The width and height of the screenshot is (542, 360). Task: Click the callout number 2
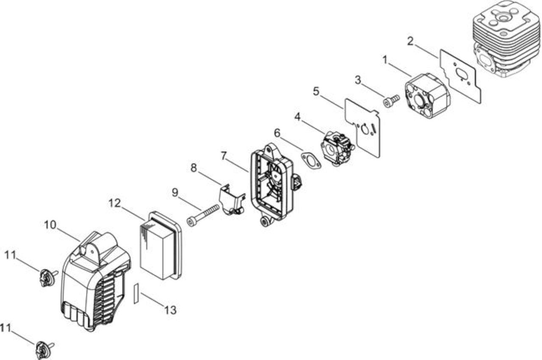[410, 41]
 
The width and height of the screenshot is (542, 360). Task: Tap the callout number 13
[170, 310]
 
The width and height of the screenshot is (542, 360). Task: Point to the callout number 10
[50, 225]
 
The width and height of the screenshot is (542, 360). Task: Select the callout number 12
[114, 203]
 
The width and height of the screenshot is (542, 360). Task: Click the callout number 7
[224, 156]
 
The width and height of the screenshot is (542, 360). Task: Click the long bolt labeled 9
[203, 215]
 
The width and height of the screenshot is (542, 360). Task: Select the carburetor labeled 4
[338, 148]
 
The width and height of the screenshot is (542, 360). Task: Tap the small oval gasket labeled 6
[311, 161]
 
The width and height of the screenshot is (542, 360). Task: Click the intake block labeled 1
[427, 96]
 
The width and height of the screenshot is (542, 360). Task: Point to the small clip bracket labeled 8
[232, 199]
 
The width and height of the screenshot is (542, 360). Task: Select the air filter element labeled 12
[160, 246]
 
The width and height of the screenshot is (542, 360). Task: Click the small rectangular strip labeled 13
[136, 293]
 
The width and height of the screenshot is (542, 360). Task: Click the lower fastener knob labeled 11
[44, 349]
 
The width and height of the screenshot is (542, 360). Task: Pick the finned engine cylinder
[507, 39]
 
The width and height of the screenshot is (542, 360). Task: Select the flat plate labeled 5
[362, 128]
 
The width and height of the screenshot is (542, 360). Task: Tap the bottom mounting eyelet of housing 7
[265, 221]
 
